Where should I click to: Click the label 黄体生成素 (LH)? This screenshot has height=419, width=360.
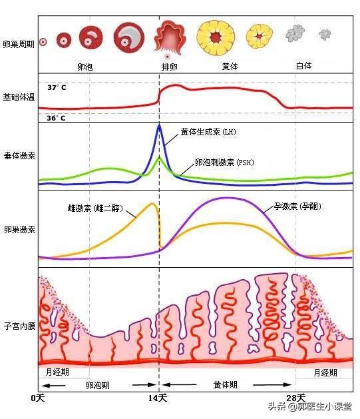tap(208, 132)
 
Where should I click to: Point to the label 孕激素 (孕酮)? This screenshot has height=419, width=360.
tap(297, 207)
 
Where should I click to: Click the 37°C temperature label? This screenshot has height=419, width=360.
tap(56, 87)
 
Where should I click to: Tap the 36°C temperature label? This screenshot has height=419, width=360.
tap(56, 118)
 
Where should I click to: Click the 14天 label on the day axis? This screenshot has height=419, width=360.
tap(158, 398)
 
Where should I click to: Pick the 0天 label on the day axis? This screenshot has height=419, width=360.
tap(37, 398)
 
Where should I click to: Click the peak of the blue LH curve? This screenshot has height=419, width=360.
tap(158, 125)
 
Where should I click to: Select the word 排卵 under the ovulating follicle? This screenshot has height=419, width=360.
tap(170, 67)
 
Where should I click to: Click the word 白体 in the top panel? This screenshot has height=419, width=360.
tap(303, 67)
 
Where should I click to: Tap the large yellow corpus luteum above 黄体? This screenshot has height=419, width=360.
tap(216, 37)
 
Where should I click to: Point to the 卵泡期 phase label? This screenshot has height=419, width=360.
tap(98, 385)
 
